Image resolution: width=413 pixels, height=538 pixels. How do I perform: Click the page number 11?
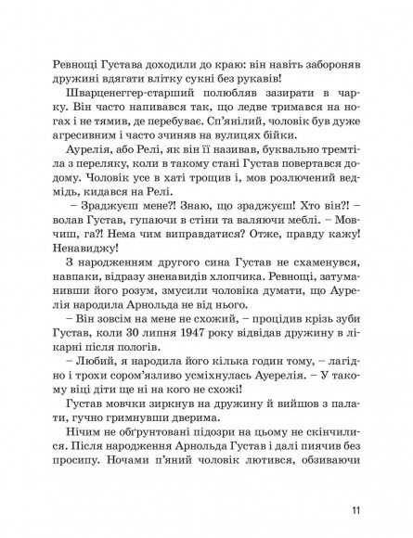[x=355, y=509]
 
